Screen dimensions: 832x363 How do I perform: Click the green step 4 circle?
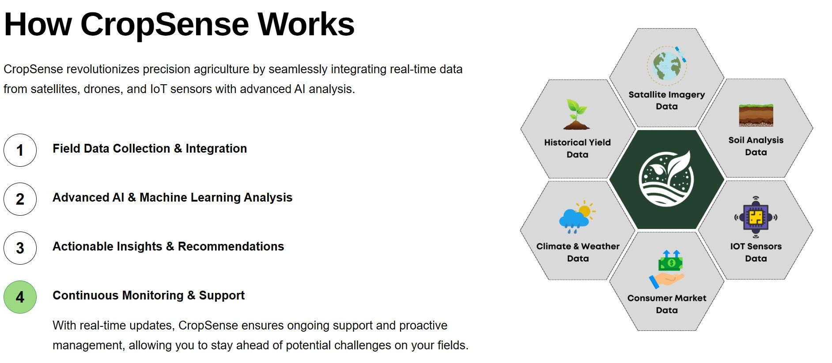[20, 297]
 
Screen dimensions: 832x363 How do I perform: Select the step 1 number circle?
[20, 150]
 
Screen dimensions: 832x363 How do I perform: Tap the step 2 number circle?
[20, 199]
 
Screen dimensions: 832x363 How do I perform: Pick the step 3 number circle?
[20, 248]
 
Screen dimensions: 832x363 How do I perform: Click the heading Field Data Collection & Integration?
[150, 149]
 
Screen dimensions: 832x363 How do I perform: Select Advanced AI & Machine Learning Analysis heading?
[172, 198]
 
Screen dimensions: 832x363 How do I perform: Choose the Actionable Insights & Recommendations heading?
[168, 247]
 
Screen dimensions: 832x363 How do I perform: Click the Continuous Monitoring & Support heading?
[148, 296]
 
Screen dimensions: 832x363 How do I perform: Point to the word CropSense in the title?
[165, 25]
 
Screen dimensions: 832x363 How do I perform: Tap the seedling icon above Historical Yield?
[577, 114]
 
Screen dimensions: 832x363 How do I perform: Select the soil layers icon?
[756, 115]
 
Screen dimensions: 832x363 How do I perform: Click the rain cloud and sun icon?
[577, 217]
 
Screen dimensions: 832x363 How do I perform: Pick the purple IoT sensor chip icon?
[756, 217]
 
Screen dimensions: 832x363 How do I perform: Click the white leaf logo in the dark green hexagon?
[666, 178]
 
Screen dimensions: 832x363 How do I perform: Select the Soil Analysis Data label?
[756, 146]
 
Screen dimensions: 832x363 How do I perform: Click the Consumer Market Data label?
[667, 304]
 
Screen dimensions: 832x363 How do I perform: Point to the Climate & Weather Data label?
[578, 252]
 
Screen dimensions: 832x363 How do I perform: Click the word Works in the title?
[306, 25]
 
